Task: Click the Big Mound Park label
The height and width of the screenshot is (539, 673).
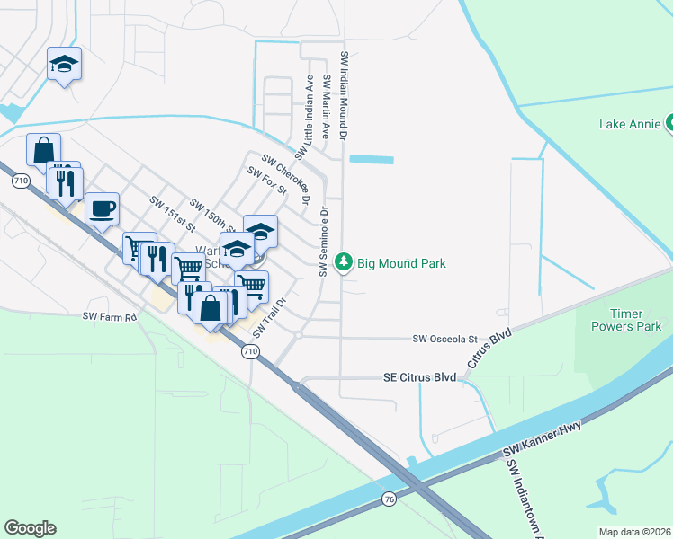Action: pos(401,263)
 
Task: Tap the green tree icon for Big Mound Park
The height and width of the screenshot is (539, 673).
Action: pos(343,262)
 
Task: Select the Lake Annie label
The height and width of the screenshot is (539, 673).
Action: pos(630,124)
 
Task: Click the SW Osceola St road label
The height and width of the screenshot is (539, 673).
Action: pos(444,339)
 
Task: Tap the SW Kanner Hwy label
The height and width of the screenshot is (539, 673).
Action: pos(543,437)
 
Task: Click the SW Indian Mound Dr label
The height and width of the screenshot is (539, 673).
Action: pos(344,94)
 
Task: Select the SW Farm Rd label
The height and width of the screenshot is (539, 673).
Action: pos(109,316)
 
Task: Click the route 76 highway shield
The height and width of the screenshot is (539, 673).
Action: pos(389,499)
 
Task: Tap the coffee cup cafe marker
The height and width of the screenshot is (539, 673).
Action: pos(102,209)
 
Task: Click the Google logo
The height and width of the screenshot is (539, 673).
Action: pos(30,528)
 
